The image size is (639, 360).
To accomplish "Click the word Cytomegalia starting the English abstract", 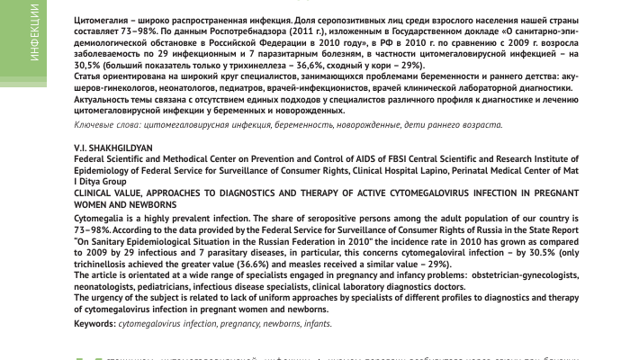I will coord(101,219).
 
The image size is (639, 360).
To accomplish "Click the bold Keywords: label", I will coord(94,323).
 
